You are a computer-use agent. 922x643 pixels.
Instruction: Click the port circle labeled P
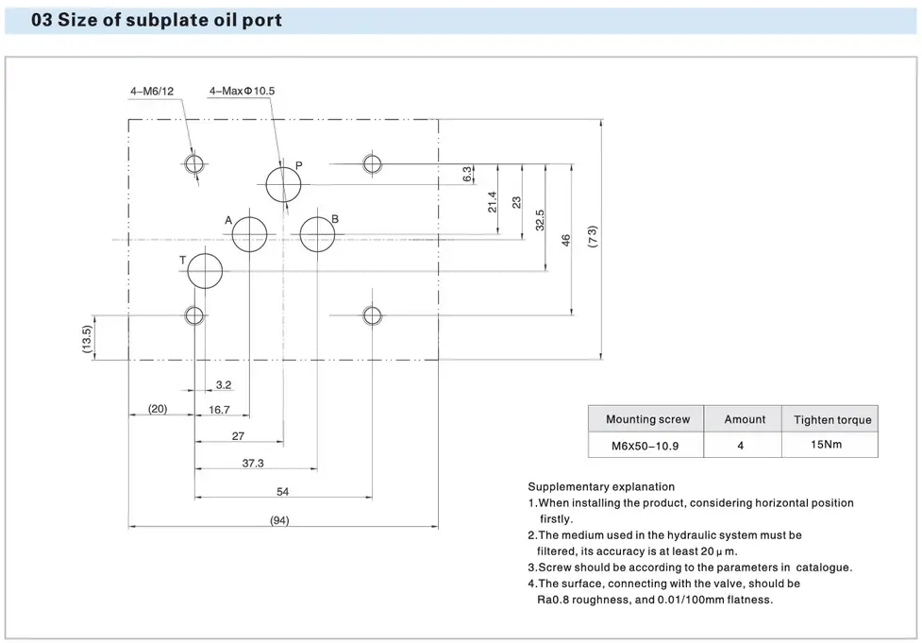pos(282,184)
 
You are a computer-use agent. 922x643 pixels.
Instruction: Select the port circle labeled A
pos(249,233)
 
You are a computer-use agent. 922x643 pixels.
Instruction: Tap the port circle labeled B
pos(318,233)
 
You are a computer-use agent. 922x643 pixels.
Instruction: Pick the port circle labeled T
pos(204,273)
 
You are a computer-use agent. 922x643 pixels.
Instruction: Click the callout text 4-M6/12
pos(152,92)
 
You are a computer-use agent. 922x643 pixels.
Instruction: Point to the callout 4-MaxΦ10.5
pos(242,92)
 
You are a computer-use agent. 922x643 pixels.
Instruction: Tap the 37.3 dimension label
pos(253,463)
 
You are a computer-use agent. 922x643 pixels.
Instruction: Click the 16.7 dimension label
pos(220,410)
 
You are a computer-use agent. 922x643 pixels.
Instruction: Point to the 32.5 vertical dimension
pos(540,220)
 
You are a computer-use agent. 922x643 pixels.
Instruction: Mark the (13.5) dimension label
pos(87,340)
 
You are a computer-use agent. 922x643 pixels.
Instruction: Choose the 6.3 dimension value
pos(467,174)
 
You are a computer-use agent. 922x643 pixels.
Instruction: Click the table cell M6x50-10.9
pos(646,445)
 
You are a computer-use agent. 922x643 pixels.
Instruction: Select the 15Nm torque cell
pos(828,444)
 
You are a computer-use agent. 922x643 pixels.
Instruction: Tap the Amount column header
pos(745,419)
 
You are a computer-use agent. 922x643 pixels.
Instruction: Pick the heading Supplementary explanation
pos(601,487)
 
